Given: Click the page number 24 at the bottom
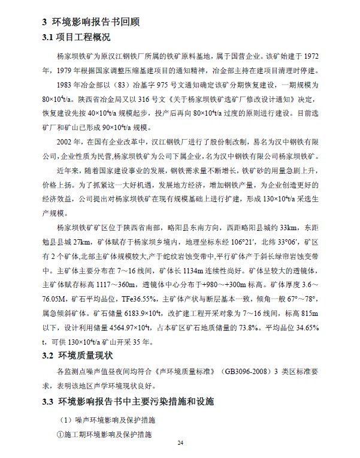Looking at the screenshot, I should click(180, 442).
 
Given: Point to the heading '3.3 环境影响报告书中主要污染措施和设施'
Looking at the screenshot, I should click(128, 400).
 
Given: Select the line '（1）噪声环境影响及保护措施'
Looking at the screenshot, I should click(107, 420).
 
